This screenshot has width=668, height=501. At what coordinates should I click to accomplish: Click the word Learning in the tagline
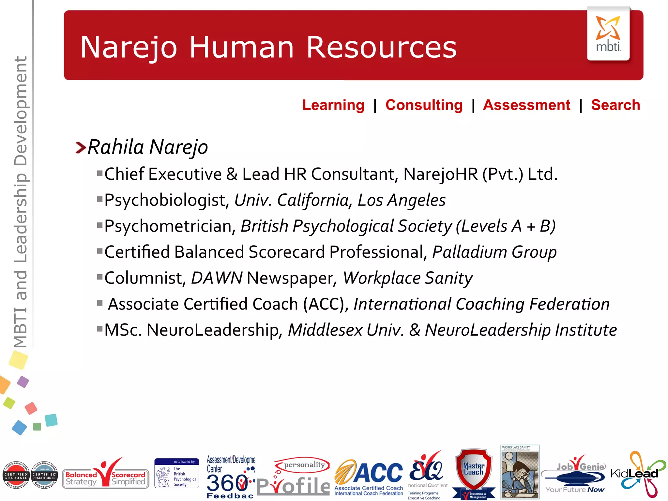[x=333, y=105]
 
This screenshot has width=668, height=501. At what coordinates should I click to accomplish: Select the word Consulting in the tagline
[x=424, y=105]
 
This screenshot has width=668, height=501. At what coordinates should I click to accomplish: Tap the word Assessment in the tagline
[x=526, y=105]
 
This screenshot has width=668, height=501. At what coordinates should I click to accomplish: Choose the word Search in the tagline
[x=615, y=105]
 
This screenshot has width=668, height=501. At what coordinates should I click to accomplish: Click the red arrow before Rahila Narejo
[x=81, y=147]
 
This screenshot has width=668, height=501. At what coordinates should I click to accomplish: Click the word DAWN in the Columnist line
[x=217, y=278]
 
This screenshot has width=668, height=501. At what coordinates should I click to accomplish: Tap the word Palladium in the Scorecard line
[x=469, y=252]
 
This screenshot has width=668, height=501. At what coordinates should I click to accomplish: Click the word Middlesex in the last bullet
[x=325, y=330]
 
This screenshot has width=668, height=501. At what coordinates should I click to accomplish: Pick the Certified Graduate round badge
[x=16, y=475]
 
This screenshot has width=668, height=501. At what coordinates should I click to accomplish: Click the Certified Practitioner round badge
[x=44, y=475]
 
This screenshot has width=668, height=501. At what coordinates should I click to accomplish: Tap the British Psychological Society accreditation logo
[x=176, y=473]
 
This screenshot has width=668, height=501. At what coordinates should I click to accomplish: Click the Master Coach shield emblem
[x=474, y=473]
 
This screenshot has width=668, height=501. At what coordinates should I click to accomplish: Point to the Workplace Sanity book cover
[x=520, y=472]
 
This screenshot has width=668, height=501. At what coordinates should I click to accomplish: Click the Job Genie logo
[x=576, y=475]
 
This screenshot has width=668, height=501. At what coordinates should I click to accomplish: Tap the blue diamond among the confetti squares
[x=19, y=427]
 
